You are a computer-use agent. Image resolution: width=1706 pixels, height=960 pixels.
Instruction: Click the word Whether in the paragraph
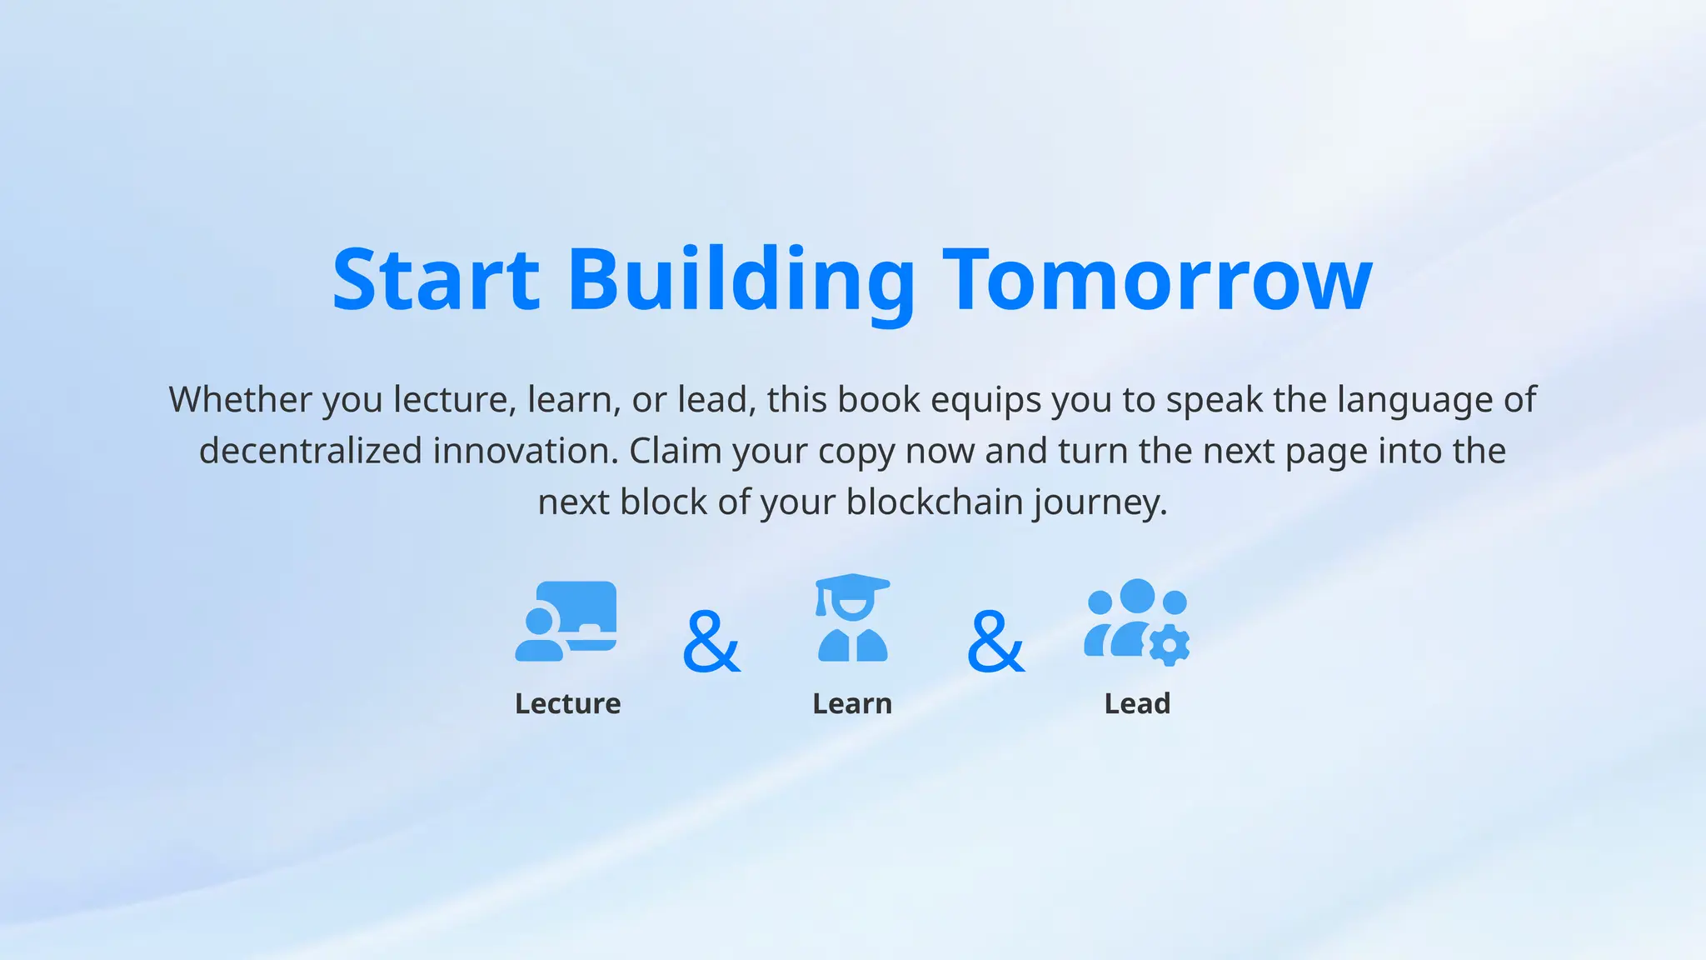(240, 400)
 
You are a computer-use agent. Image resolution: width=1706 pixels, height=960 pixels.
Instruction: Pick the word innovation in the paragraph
(525, 451)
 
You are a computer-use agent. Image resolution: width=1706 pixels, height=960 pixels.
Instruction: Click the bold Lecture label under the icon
(567, 704)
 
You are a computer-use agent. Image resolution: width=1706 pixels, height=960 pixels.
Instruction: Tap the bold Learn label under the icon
(852, 704)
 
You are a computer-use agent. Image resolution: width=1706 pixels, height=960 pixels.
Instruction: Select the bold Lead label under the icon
(1137, 704)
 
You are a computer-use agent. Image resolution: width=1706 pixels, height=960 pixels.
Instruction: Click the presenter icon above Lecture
(566, 622)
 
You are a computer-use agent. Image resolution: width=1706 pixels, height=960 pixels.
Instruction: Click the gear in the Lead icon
(1170, 645)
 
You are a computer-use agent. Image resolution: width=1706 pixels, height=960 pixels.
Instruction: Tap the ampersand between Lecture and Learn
(711, 641)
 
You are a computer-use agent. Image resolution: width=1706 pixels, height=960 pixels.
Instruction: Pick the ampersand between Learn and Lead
(995, 641)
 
